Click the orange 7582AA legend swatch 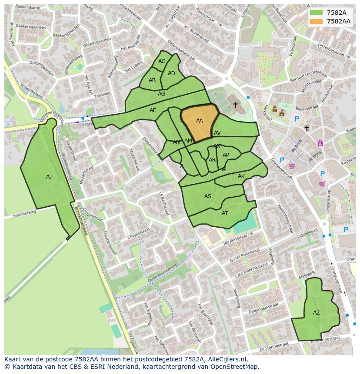[x=317, y=21]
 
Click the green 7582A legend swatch [x=317, y=13]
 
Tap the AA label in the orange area [x=200, y=121]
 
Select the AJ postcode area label [x=49, y=177]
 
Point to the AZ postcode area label [x=316, y=313]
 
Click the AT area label [x=225, y=213]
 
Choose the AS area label [x=208, y=196]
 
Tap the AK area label [x=241, y=176]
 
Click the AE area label [x=153, y=110]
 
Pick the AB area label [x=152, y=80]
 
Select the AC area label [x=162, y=61]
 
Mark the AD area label [x=171, y=73]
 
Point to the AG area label [x=161, y=94]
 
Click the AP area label [x=226, y=155]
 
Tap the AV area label [x=217, y=133]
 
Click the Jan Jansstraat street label [x=238, y=237]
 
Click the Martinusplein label [x=312, y=84]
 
